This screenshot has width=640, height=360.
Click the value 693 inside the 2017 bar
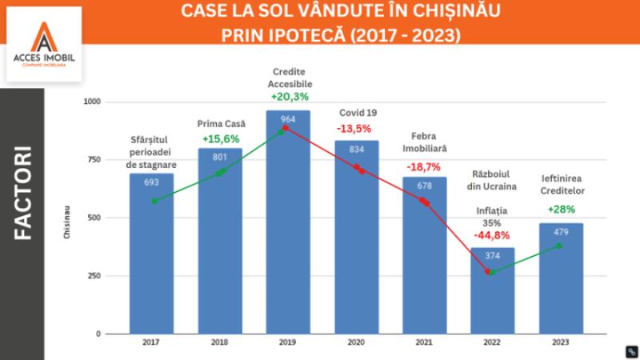[152, 182]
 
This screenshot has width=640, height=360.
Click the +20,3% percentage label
[290, 96]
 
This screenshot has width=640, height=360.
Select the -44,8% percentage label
[494, 235]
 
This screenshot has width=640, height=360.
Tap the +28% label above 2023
[561, 210]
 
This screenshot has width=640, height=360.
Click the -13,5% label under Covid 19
[356, 128]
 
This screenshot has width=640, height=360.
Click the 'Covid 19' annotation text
[357, 112]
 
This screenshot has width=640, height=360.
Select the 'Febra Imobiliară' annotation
[424, 142]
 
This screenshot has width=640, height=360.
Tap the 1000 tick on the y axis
[93, 102]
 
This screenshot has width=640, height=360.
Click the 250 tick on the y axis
[96, 276]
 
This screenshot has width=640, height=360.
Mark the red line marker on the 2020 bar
[358, 170]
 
